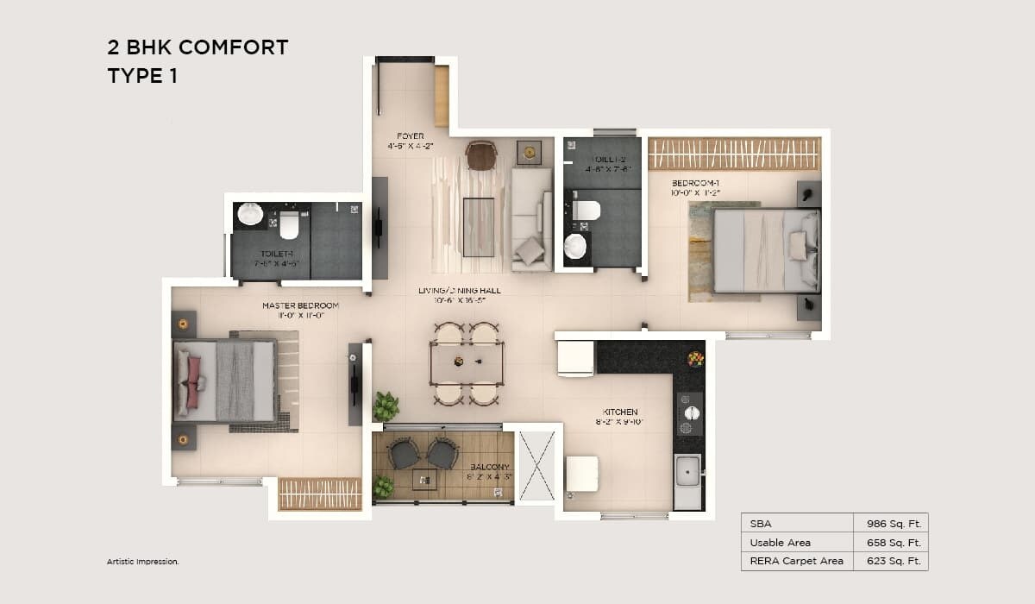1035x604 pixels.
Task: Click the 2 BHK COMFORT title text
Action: tap(198, 47)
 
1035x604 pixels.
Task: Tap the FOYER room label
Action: tap(410, 136)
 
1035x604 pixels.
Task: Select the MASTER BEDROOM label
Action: tap(300, 305)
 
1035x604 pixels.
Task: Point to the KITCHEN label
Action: tap(620, 412)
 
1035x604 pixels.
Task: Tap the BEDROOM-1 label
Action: tap(695, 183)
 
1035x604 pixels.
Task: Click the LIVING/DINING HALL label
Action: tap(459, 291)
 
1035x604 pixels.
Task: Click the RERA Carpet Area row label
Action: tap(797, 562)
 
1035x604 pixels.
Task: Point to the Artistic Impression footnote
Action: tap(142, 562)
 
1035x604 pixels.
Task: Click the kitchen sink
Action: tap(687, 472)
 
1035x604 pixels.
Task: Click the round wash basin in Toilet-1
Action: tap(251, 214)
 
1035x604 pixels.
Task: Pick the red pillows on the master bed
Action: tap(194, 381)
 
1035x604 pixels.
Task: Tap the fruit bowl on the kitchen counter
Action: tap(694, 358)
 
